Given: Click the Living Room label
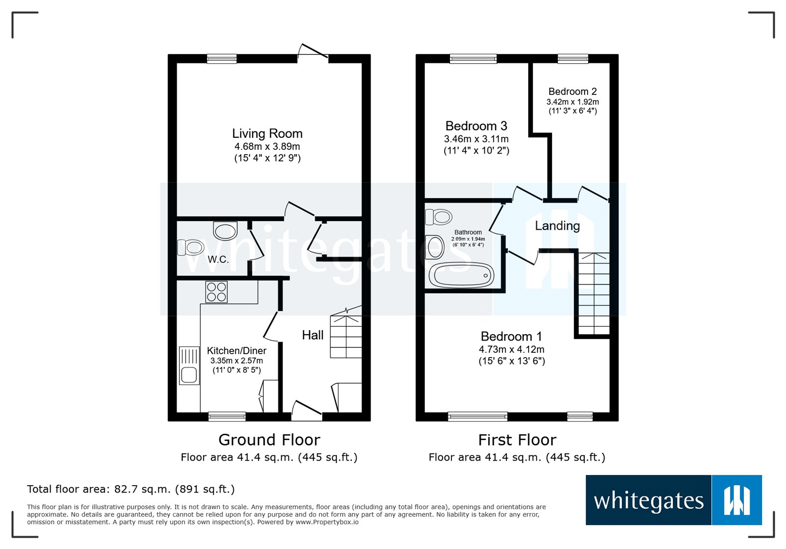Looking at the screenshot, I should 267,133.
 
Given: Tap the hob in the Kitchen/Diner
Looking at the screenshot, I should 217,292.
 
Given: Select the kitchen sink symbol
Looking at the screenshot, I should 189,366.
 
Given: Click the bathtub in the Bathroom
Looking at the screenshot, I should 461,275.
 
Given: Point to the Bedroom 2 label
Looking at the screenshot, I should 572,92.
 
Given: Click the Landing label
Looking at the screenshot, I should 557,226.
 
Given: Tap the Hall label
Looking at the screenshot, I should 312,335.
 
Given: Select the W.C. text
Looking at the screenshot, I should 218,260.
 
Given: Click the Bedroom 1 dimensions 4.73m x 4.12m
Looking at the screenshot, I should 511,349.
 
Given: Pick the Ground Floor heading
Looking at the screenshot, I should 269,440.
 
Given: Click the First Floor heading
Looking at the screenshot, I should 517,440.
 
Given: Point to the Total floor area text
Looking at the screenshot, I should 131,489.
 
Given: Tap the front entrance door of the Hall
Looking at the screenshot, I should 307,410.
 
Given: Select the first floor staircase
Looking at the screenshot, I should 594,293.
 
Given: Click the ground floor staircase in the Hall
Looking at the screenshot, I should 346,336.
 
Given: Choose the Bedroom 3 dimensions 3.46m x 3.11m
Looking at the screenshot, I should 476,139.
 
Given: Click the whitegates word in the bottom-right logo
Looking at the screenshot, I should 648,501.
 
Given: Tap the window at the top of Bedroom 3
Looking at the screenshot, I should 473,59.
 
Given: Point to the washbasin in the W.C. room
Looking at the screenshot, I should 225,231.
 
